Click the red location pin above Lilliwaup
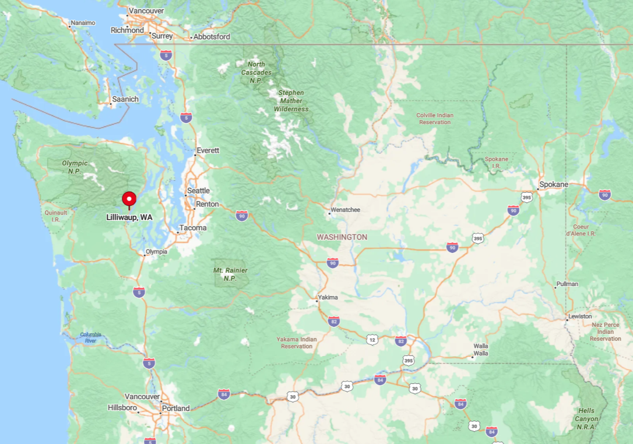[129, 199]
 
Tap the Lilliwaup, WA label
[129, 217]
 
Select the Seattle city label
[198, 191]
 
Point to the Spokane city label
[553, 185]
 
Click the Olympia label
[156, 252]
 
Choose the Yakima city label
[328, 297]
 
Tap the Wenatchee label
[345, 210]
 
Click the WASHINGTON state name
[342, 237]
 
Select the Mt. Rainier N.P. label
[230, 274]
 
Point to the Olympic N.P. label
[75, 167]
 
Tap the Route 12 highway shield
[372, 339]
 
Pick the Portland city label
[175, 408]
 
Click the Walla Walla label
[481, 350]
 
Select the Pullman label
[567, 284]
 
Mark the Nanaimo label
[82, 23]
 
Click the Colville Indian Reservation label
[435, 119]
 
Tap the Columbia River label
[90, 337]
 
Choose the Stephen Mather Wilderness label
[291, 101]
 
